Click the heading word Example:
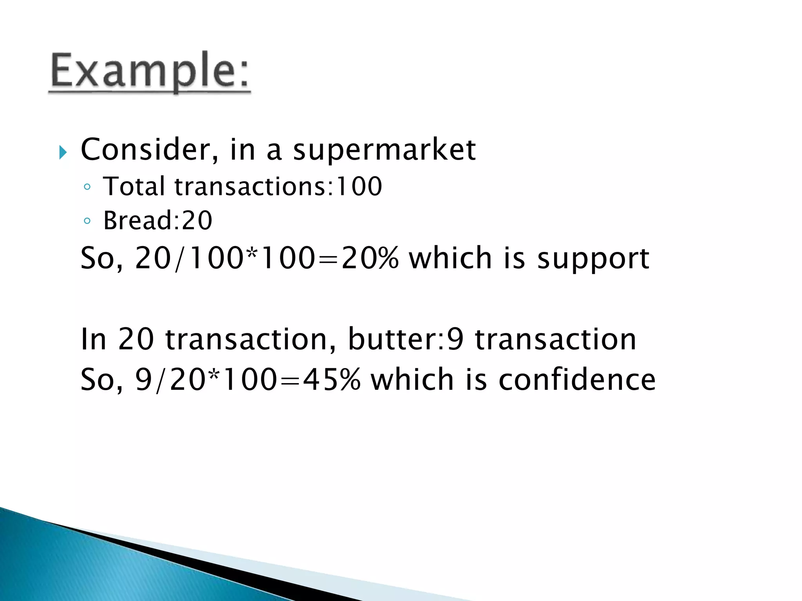[x=149, y=72]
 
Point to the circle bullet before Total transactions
[x=87, y=187]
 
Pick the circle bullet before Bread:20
[x=87, y=221]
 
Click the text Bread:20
[x=157, y=220]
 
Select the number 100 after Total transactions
[x=359, y=186]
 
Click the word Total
[x=134, y=186]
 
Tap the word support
[x=593, y=259]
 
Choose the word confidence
[x=577, y=380]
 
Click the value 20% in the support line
[x=370, y=258]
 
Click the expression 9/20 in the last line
[x=170, y=380]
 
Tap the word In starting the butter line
[x=93, y=339]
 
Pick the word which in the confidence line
[x=412, y=380]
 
